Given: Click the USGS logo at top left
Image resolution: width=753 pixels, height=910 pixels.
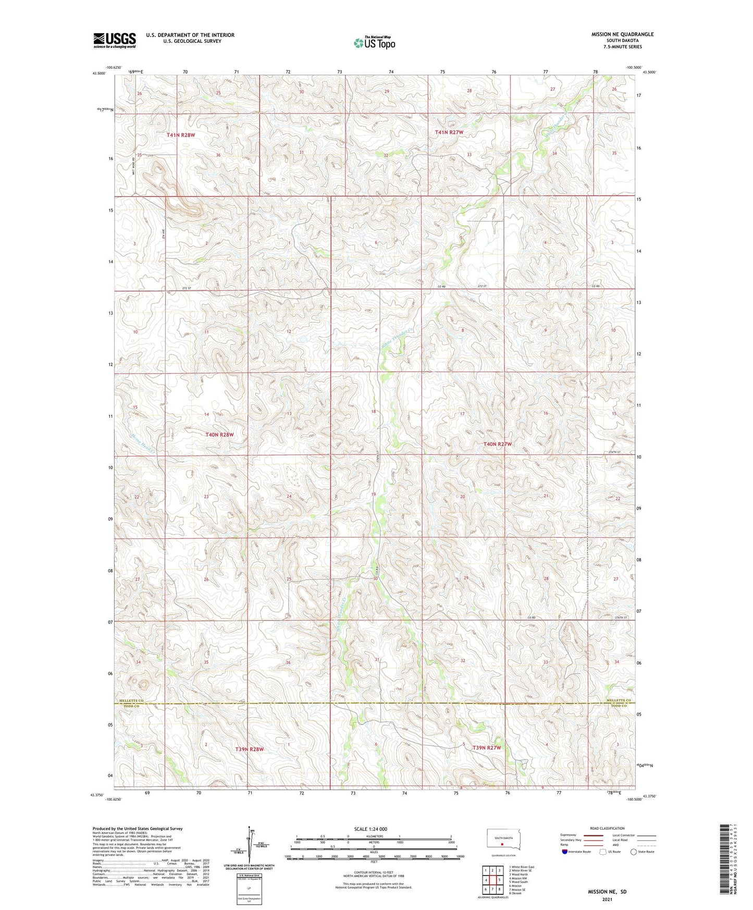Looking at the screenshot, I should point(115,40).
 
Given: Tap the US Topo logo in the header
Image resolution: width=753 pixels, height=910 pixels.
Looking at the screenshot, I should point(374,43).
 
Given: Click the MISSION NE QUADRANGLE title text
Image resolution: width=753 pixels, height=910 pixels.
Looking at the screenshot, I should point(622,34).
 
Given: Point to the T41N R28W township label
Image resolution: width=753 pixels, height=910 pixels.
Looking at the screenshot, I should point(181,135).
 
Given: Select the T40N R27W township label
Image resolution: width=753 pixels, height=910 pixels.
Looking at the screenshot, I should point(498,444).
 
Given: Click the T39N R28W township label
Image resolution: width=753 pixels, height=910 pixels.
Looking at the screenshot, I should point(250,749).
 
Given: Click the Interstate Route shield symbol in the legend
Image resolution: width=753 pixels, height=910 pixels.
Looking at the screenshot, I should point(565,852).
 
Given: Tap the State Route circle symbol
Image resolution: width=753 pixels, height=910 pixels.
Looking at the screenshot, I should point(634,852).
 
